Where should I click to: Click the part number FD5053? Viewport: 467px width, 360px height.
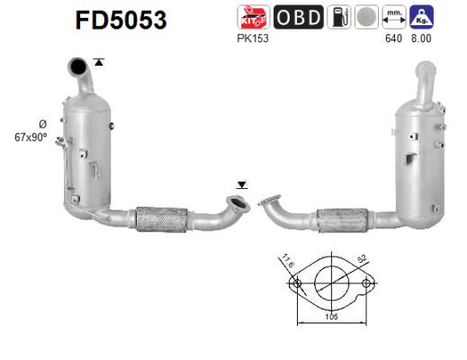tap(120, 20)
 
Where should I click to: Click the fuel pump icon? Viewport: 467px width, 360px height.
tap(339, 18)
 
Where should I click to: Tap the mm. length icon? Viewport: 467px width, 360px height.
tap(393, 18)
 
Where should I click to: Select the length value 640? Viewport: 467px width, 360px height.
tap(393, 40)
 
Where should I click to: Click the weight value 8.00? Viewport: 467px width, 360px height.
tap(419, 40)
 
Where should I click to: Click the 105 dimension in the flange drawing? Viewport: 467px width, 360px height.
tap(330, 317)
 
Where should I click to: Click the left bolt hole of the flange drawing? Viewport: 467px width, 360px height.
tap(295, 284)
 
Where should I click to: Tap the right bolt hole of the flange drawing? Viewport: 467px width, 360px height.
tap(365, 284)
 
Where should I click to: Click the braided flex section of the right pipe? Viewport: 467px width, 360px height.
tap(345, 219)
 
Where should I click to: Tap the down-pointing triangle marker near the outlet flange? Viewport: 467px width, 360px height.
tap(240, 184)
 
